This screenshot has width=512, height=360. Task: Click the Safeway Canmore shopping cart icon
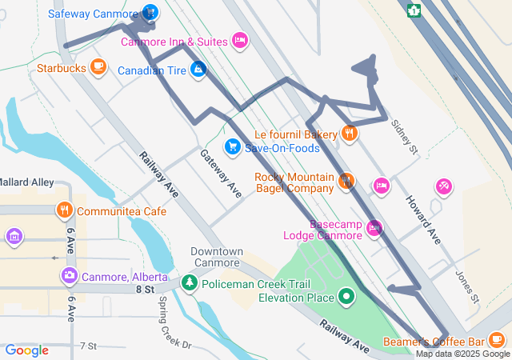coord(149,13)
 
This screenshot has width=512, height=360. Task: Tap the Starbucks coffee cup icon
coord(98,66)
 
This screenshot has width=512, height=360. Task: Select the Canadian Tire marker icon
coord(198,70)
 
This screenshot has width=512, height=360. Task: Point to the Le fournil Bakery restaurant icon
coord(349,133)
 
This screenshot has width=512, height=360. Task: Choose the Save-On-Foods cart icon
coord(232,146)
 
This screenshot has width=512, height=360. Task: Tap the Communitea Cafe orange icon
coord(65,210)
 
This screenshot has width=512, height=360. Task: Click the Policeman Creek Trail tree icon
coord(189,282)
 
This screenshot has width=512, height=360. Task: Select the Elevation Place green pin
coord(346,298)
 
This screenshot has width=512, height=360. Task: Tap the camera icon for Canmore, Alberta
coord(70,276)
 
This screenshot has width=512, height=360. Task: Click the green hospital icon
coord(414,10)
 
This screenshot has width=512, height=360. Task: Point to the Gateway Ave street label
coord(221,174)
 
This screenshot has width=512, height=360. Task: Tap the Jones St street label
coord(466,286)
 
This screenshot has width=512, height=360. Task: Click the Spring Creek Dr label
coord(175,322)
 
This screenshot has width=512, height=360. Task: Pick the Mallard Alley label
coord(26,182)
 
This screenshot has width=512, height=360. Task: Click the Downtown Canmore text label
coord(217,257)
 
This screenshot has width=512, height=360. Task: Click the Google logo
coord(27,350)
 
